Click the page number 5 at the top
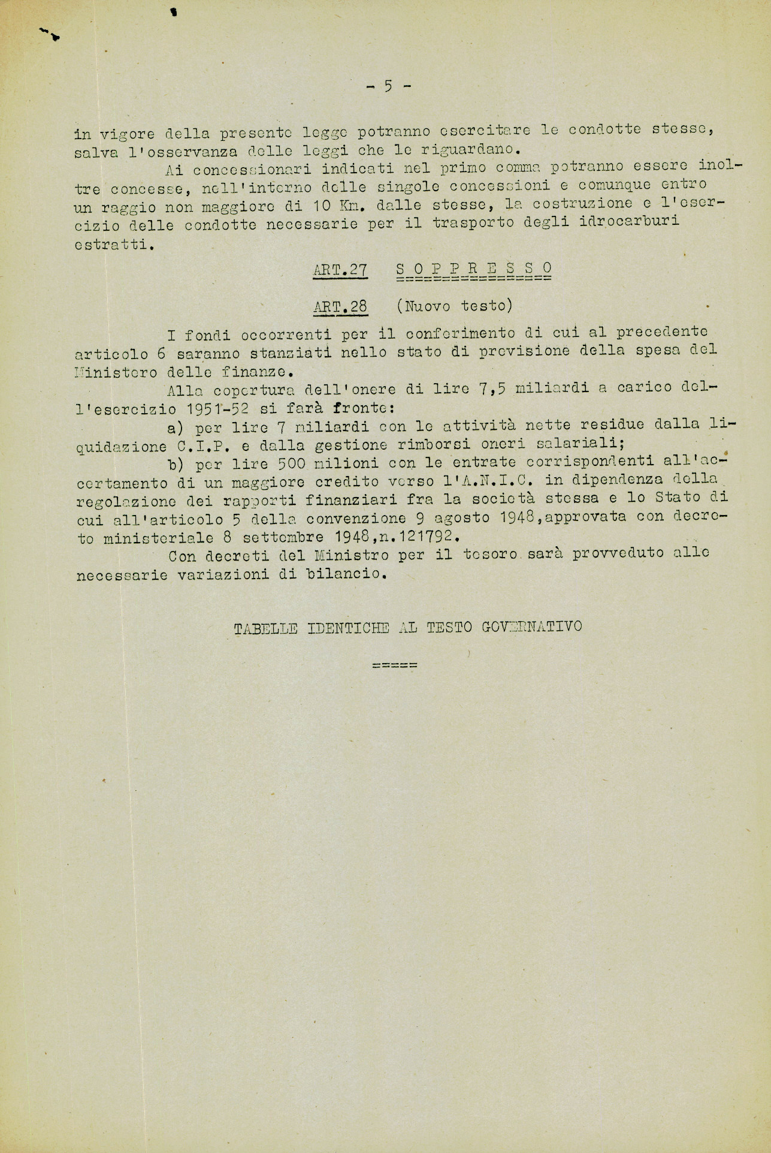[x=388, y=86]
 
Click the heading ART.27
[x=340, y=270]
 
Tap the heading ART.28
[x=340, y=307]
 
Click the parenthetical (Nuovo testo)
[x=454, y=306]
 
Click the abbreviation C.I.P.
[x=210, y=445]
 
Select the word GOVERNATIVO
[x=531, y=627]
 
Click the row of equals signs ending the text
[x=394, y=666]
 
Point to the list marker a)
[x=176, y=428]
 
